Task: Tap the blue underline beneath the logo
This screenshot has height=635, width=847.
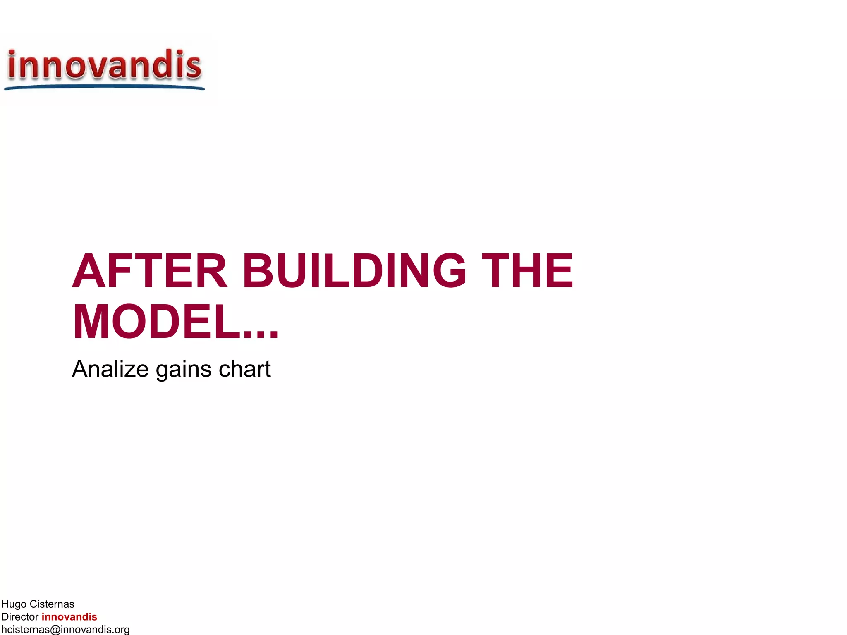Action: pyautogui.click(x=104, y=87)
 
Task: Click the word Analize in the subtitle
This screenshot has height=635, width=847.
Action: pyautogui.click(x=110, y=369)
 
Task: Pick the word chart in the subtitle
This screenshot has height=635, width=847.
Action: pyautogui.click(x=244, y=369)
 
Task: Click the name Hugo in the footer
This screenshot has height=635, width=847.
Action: pyautogui.click(x=14, y=604)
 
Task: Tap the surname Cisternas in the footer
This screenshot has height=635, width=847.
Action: pyautogui.click(x=52, y=604)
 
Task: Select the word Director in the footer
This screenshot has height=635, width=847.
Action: pyautogui.click(x=20, y=617)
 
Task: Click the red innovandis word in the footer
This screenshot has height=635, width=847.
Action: pyautogui.click(x=69, y=617)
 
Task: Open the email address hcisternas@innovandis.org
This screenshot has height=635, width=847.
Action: pyautogui.click(x=65, y=630)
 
